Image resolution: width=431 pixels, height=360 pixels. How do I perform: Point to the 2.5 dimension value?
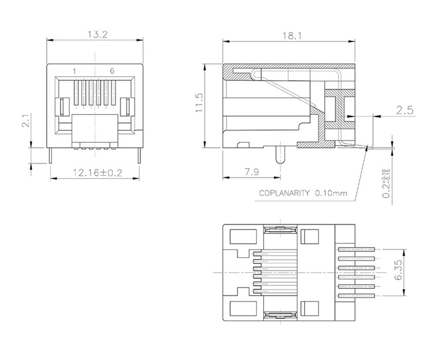405,110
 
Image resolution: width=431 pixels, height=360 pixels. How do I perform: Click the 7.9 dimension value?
251,172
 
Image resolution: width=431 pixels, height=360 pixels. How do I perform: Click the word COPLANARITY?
284,193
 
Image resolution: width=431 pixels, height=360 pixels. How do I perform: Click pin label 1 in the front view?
75,71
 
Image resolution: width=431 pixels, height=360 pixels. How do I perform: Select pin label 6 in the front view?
112,71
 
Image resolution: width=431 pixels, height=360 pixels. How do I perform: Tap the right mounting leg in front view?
139,155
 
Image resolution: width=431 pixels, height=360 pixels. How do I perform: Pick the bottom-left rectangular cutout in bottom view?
243,309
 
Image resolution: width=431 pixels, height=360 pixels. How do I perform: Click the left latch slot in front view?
64,107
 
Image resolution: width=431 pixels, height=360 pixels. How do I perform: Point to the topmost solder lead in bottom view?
357,249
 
